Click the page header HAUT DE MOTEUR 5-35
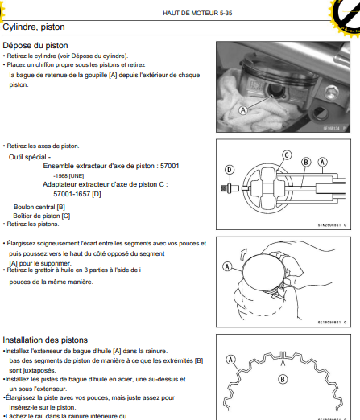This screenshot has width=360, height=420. [197, 13]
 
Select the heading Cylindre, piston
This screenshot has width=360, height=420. [34, 27]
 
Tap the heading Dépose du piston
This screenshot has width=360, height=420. [35, 45]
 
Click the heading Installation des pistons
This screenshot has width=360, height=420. [45, 340]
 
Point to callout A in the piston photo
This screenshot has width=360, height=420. [243, 110]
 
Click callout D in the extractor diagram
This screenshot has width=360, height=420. [230, 170]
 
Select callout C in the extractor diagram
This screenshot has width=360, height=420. [287, 155]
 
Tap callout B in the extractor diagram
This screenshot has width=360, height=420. [306, 162]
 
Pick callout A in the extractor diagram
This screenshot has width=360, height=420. [322, 162]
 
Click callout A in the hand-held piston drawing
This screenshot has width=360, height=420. [227, 266]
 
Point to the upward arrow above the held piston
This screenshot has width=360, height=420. [243, 253]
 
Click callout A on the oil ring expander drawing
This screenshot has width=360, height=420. [231, 360]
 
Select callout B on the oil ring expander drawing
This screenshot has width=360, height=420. [283, 379]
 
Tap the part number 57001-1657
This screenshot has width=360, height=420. [72, 194]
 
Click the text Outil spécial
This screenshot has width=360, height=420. [27, 157]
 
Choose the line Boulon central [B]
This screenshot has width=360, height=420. [39, 207]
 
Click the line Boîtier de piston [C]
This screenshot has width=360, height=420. [42, 216]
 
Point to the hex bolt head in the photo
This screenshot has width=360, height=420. [332, 93]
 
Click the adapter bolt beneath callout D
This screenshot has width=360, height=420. [230, 188]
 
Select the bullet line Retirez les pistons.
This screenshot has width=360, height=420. [31, 224]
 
